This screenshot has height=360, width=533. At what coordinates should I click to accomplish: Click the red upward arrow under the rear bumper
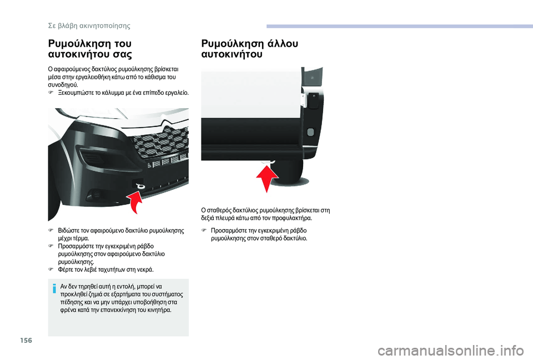point(267,176)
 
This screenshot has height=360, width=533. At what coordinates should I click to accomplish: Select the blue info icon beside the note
point(55,287)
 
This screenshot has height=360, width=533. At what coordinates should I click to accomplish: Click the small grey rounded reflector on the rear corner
point(310,132)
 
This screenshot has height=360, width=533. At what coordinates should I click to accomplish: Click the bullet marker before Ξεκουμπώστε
point(51,94)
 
